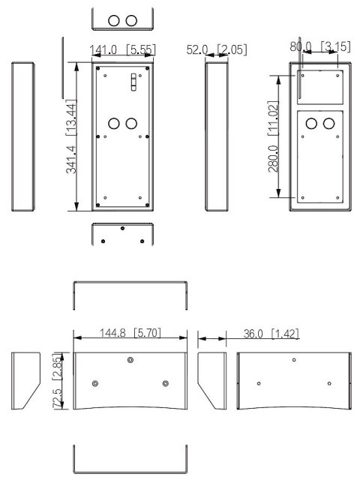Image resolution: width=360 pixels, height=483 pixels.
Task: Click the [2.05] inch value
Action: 231,50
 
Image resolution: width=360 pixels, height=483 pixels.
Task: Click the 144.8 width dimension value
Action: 112,332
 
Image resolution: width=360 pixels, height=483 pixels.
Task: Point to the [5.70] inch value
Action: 147,332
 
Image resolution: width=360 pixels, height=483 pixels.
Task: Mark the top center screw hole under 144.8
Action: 130,361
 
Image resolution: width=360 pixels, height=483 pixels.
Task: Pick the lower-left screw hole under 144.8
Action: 95,383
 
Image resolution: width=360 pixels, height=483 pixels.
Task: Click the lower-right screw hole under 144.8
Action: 166,383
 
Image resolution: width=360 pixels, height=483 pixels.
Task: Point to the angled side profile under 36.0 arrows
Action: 211,380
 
